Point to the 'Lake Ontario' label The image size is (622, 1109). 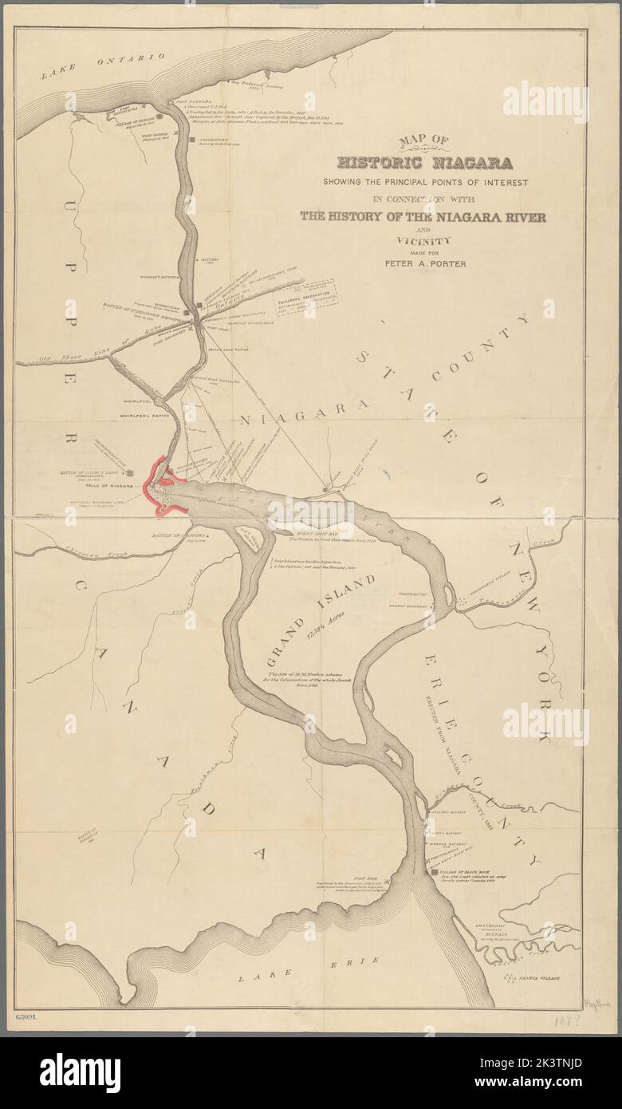pyautogui.click(x=104, y=65)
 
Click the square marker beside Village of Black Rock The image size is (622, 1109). pyautogui.click(x=434, y=873)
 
